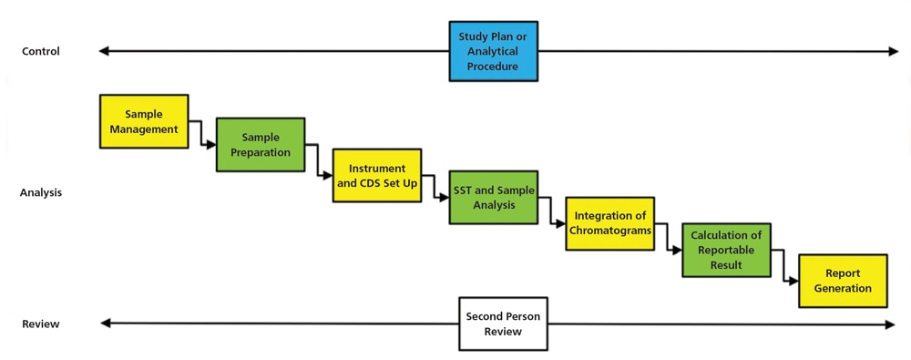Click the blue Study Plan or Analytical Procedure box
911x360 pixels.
(493, 52)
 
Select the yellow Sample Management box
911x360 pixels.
(144, 121)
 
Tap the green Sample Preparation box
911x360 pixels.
(261, 145)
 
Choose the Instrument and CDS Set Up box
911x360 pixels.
(377, 175)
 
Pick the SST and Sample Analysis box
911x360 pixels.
(493, 198)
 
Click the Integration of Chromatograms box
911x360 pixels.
(609, 223)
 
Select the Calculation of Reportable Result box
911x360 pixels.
(726, 250)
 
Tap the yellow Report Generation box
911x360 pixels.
(843, 281)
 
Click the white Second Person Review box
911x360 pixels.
(503, 324)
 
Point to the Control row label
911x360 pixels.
(41, 52)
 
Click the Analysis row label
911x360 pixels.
(41, 193)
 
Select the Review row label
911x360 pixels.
(41, 324)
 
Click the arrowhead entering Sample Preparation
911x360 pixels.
(211, 145)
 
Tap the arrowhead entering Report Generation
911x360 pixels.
(794, 281)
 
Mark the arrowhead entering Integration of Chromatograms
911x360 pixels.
(561, 223)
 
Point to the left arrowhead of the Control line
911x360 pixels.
(104, 52)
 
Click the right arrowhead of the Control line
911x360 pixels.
(894, 52)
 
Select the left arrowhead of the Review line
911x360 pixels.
(105, 324)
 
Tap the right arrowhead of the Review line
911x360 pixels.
(890, 324)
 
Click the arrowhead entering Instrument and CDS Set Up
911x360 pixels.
(328, 175)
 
